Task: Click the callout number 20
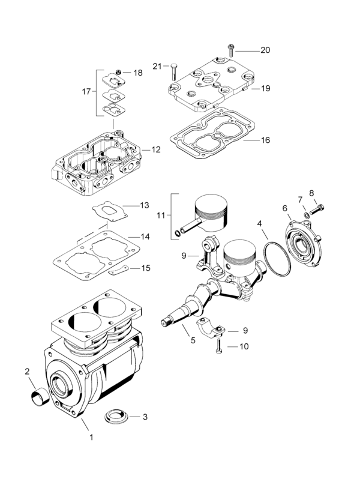(x=265, y=50)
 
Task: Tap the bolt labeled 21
(x=173, y=73)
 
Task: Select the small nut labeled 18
(x=119, y=72)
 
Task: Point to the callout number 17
(x=87, y=91)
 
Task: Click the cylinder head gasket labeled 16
(x=212, y=133)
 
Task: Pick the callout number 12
(x=156, y=149)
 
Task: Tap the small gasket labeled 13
(x=110, y=211)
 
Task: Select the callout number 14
(x=145, y=236)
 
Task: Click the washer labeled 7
(x=306, y=215)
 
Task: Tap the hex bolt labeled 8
(x=317, y=210)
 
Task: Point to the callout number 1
(x=91, y=437)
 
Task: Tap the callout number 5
(x=193, y=340)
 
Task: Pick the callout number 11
(x=161, y=215)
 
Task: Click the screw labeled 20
(x=230, y=50)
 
